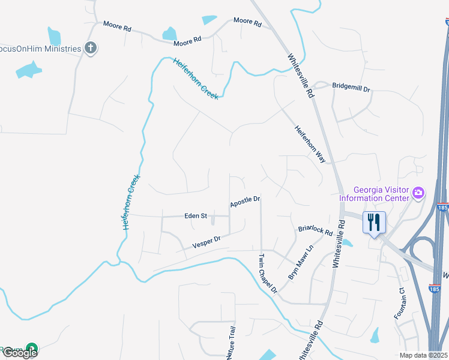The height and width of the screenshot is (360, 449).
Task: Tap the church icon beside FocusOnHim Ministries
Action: (91, 47)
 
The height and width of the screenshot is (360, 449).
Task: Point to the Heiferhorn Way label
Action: (310, 144)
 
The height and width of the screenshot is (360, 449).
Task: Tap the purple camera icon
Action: (418, 193)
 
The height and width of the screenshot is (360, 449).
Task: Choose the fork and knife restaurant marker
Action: (375, 223)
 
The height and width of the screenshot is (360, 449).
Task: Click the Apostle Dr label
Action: (245, 202)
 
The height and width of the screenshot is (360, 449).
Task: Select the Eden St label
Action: (195, 215)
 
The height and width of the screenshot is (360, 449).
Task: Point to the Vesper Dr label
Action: (206, 242)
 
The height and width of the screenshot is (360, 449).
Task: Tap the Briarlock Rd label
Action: (315, 230)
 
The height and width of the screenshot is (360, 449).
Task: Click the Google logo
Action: (20, 353)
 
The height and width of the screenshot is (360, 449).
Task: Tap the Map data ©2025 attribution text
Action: (423, 355)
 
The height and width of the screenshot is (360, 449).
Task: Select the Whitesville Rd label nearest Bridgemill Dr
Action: (300, 75)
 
